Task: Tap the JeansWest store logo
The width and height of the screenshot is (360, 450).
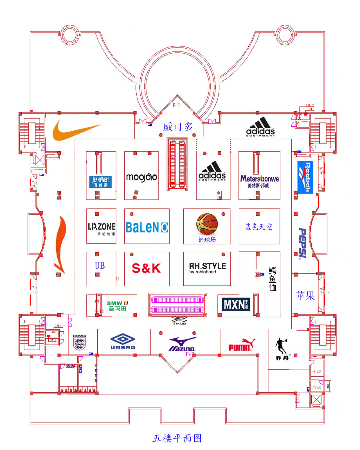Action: tap(100, 182)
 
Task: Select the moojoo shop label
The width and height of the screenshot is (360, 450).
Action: tap(141, 177)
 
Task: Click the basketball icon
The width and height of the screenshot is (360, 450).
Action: tap(207, 224)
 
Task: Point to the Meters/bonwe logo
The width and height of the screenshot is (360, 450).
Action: tap(259, 181)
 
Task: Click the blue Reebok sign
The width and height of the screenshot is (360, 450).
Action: tap(305, 177)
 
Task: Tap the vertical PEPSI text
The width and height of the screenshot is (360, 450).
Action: tap(303, 244)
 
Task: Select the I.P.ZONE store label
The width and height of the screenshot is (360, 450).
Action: tap(102, 228)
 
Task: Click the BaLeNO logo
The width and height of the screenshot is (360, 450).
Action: tap(147, 227)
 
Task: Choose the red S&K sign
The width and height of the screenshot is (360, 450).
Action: tap(146, 268)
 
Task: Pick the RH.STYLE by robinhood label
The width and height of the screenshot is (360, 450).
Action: tap(207, 268)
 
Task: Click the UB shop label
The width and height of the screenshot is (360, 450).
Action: tap(100, 265)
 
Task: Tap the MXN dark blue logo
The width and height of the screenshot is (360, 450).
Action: tap(235, 304)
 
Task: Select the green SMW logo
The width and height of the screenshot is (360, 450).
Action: tap(117, 305)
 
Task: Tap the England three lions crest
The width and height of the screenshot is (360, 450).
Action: tap(79, 342)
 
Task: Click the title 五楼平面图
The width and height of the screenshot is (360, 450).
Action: tap(177, 438)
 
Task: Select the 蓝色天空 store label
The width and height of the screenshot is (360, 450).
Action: tap(258, 227)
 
